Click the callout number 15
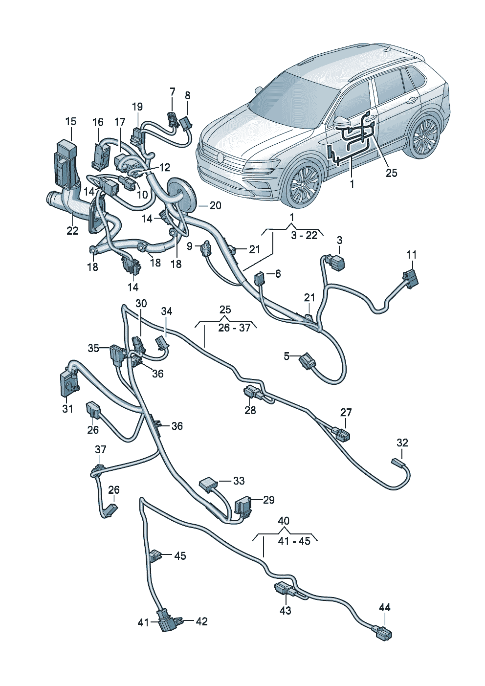[x=71, y=121]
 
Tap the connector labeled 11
[x=411, y=279]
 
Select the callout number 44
[x=385, y=607]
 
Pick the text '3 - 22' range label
[x=304, y=235]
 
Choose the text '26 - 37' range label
[x=234, y=327]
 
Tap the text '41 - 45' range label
[x=294, y=541]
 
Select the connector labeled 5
[x=308, y=362]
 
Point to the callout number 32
[x=402, y=443]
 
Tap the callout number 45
[x=180, y=556]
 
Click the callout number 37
[x=100, y=449]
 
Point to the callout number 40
[x=284, y=520]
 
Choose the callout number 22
[x=72, y=230]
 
